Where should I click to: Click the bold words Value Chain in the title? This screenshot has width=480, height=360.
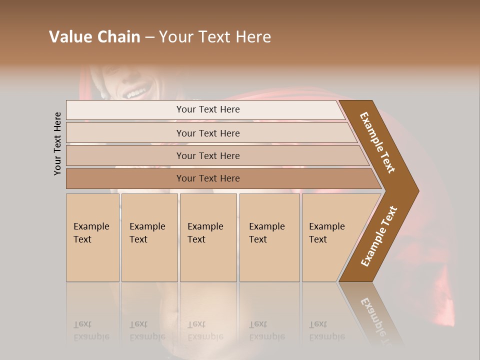click(94, 36)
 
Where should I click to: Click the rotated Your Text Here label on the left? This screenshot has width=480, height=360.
click(57, 143)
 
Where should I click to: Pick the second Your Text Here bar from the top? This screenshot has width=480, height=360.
click(208, 133)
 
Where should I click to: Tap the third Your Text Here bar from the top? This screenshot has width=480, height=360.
click(208, 155)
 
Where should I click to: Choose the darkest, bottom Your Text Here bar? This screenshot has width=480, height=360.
click(208, 178)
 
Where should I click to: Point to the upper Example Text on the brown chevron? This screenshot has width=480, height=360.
click(377, 142)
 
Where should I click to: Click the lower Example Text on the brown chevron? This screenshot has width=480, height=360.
click(379, 236)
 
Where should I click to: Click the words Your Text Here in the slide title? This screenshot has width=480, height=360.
click(215, 36)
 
